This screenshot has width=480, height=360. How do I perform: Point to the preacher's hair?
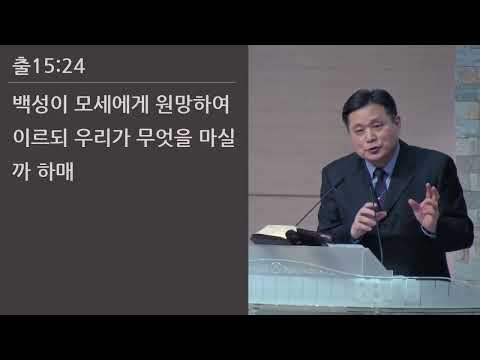tap(366, 100)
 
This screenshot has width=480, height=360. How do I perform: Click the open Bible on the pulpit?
tap(269, 236)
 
